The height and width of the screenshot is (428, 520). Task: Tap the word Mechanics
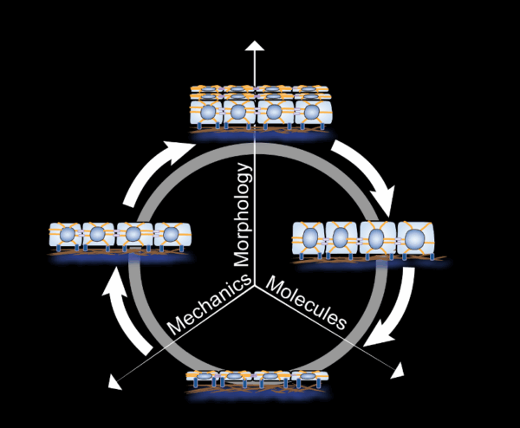click(x=209, y=308)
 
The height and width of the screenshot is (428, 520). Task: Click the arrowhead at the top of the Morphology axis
click(x=254, y=45)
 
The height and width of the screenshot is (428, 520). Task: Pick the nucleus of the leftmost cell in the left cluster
click(x=72, y=235)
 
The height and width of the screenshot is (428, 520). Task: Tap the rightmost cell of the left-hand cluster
click(x=172, y=235)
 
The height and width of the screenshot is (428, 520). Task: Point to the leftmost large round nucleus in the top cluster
click(x=208, y=112)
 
